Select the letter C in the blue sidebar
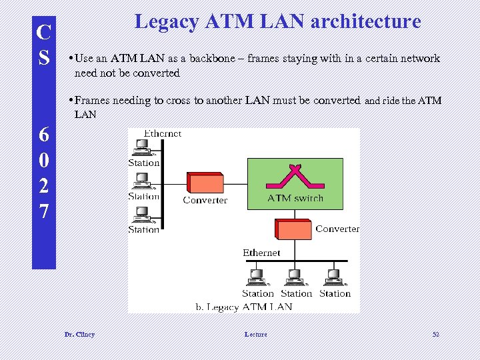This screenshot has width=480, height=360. (43, 33)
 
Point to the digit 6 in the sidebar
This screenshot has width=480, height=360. (43, 135)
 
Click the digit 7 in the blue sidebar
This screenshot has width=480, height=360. (43, 212)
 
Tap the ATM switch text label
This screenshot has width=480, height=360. (295, 198)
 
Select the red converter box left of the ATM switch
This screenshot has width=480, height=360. (205, 183)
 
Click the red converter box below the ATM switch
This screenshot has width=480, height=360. (294, 229)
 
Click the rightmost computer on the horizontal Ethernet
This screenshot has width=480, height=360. (333, 276)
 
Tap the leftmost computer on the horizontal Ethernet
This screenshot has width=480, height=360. (257, 276)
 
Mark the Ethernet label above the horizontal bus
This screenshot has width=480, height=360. (261, 253)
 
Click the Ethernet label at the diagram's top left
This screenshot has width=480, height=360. (163, 133)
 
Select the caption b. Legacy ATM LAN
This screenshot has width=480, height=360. (244, 307)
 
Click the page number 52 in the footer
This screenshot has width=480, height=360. (436, 334)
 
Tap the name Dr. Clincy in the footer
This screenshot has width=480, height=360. (79, 334)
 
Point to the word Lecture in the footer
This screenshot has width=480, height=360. (255, 334)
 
